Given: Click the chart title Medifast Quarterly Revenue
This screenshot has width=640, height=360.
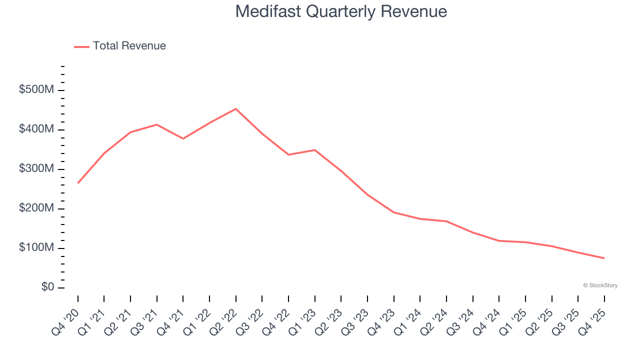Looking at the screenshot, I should pos(341,11).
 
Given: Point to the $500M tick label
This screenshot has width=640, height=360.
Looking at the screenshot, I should pos(36,90).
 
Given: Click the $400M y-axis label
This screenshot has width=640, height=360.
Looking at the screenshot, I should pos(36,129).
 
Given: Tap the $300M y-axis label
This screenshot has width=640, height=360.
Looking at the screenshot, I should pos(36,169).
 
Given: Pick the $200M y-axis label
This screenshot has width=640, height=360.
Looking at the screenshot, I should pos(36,208).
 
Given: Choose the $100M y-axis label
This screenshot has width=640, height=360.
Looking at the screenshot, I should pos(36,248).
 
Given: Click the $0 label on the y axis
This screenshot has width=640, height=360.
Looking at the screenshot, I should pos(48,287).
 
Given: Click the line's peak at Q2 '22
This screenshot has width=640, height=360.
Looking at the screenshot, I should pos(236,108).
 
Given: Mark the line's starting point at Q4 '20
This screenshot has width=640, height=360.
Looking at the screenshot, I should pos(78,183).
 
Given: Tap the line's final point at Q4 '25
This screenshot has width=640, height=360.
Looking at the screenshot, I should pos(604,258).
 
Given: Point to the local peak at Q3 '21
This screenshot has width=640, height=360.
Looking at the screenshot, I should pos(157,124).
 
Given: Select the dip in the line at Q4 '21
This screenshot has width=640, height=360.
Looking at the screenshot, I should pos(183,138).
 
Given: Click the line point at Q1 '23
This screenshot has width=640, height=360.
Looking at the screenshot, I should pos(315,150).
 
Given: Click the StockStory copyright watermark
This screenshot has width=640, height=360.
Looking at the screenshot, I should pos(600,285).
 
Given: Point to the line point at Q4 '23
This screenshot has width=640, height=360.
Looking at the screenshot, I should pos(394,212).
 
